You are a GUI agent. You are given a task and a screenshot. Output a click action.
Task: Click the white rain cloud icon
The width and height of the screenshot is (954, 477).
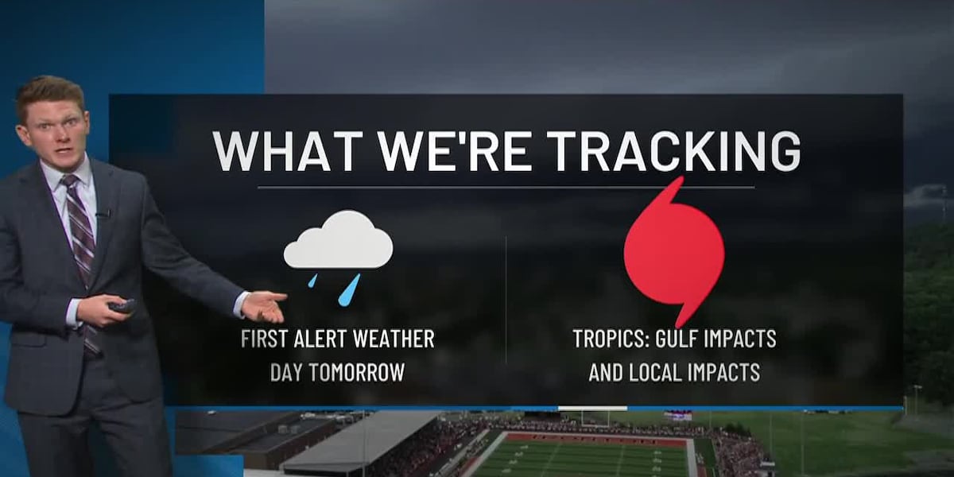click(x=338, y=241)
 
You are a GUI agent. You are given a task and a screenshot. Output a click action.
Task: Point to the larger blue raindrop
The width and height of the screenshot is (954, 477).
click(x=348, y=289)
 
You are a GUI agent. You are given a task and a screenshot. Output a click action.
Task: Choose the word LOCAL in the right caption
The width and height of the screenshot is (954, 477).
click(x=653, y=372)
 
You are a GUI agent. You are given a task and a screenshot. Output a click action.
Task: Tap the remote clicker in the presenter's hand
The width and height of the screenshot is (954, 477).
click(x=122, y=305)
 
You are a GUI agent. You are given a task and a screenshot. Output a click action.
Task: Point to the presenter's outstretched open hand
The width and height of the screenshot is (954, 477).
click(x=262, y=305)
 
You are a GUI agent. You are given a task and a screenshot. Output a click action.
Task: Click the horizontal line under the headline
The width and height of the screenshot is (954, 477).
click(x=506, y=188)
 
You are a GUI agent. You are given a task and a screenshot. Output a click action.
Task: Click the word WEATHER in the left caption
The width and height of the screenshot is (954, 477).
click(x=400, y=339)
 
